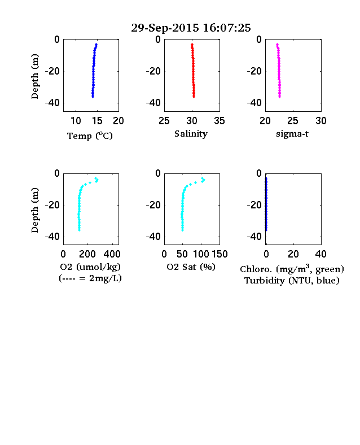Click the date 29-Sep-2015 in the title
pos(165,28)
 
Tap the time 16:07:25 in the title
pos(227,28)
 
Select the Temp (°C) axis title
pos(90,136)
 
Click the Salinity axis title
pos(191,134)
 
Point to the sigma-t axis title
pos(292,134)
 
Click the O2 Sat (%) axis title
pos(191,267)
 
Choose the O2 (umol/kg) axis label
pos(90,267)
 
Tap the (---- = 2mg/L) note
pos(90,278)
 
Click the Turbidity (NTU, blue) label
pos(292,281)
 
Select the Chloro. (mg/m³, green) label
pos(292,268)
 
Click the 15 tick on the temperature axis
pos(97,121)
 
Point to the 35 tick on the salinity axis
pos(219,121)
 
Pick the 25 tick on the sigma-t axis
pos(292,121)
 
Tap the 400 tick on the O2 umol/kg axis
pos(112,254)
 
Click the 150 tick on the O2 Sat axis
pos(219,254)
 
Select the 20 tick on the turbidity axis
pos(293,254)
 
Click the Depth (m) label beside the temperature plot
pos(34,76)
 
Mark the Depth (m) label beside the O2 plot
pos(34,210)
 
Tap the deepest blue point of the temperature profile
pos(93,97)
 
